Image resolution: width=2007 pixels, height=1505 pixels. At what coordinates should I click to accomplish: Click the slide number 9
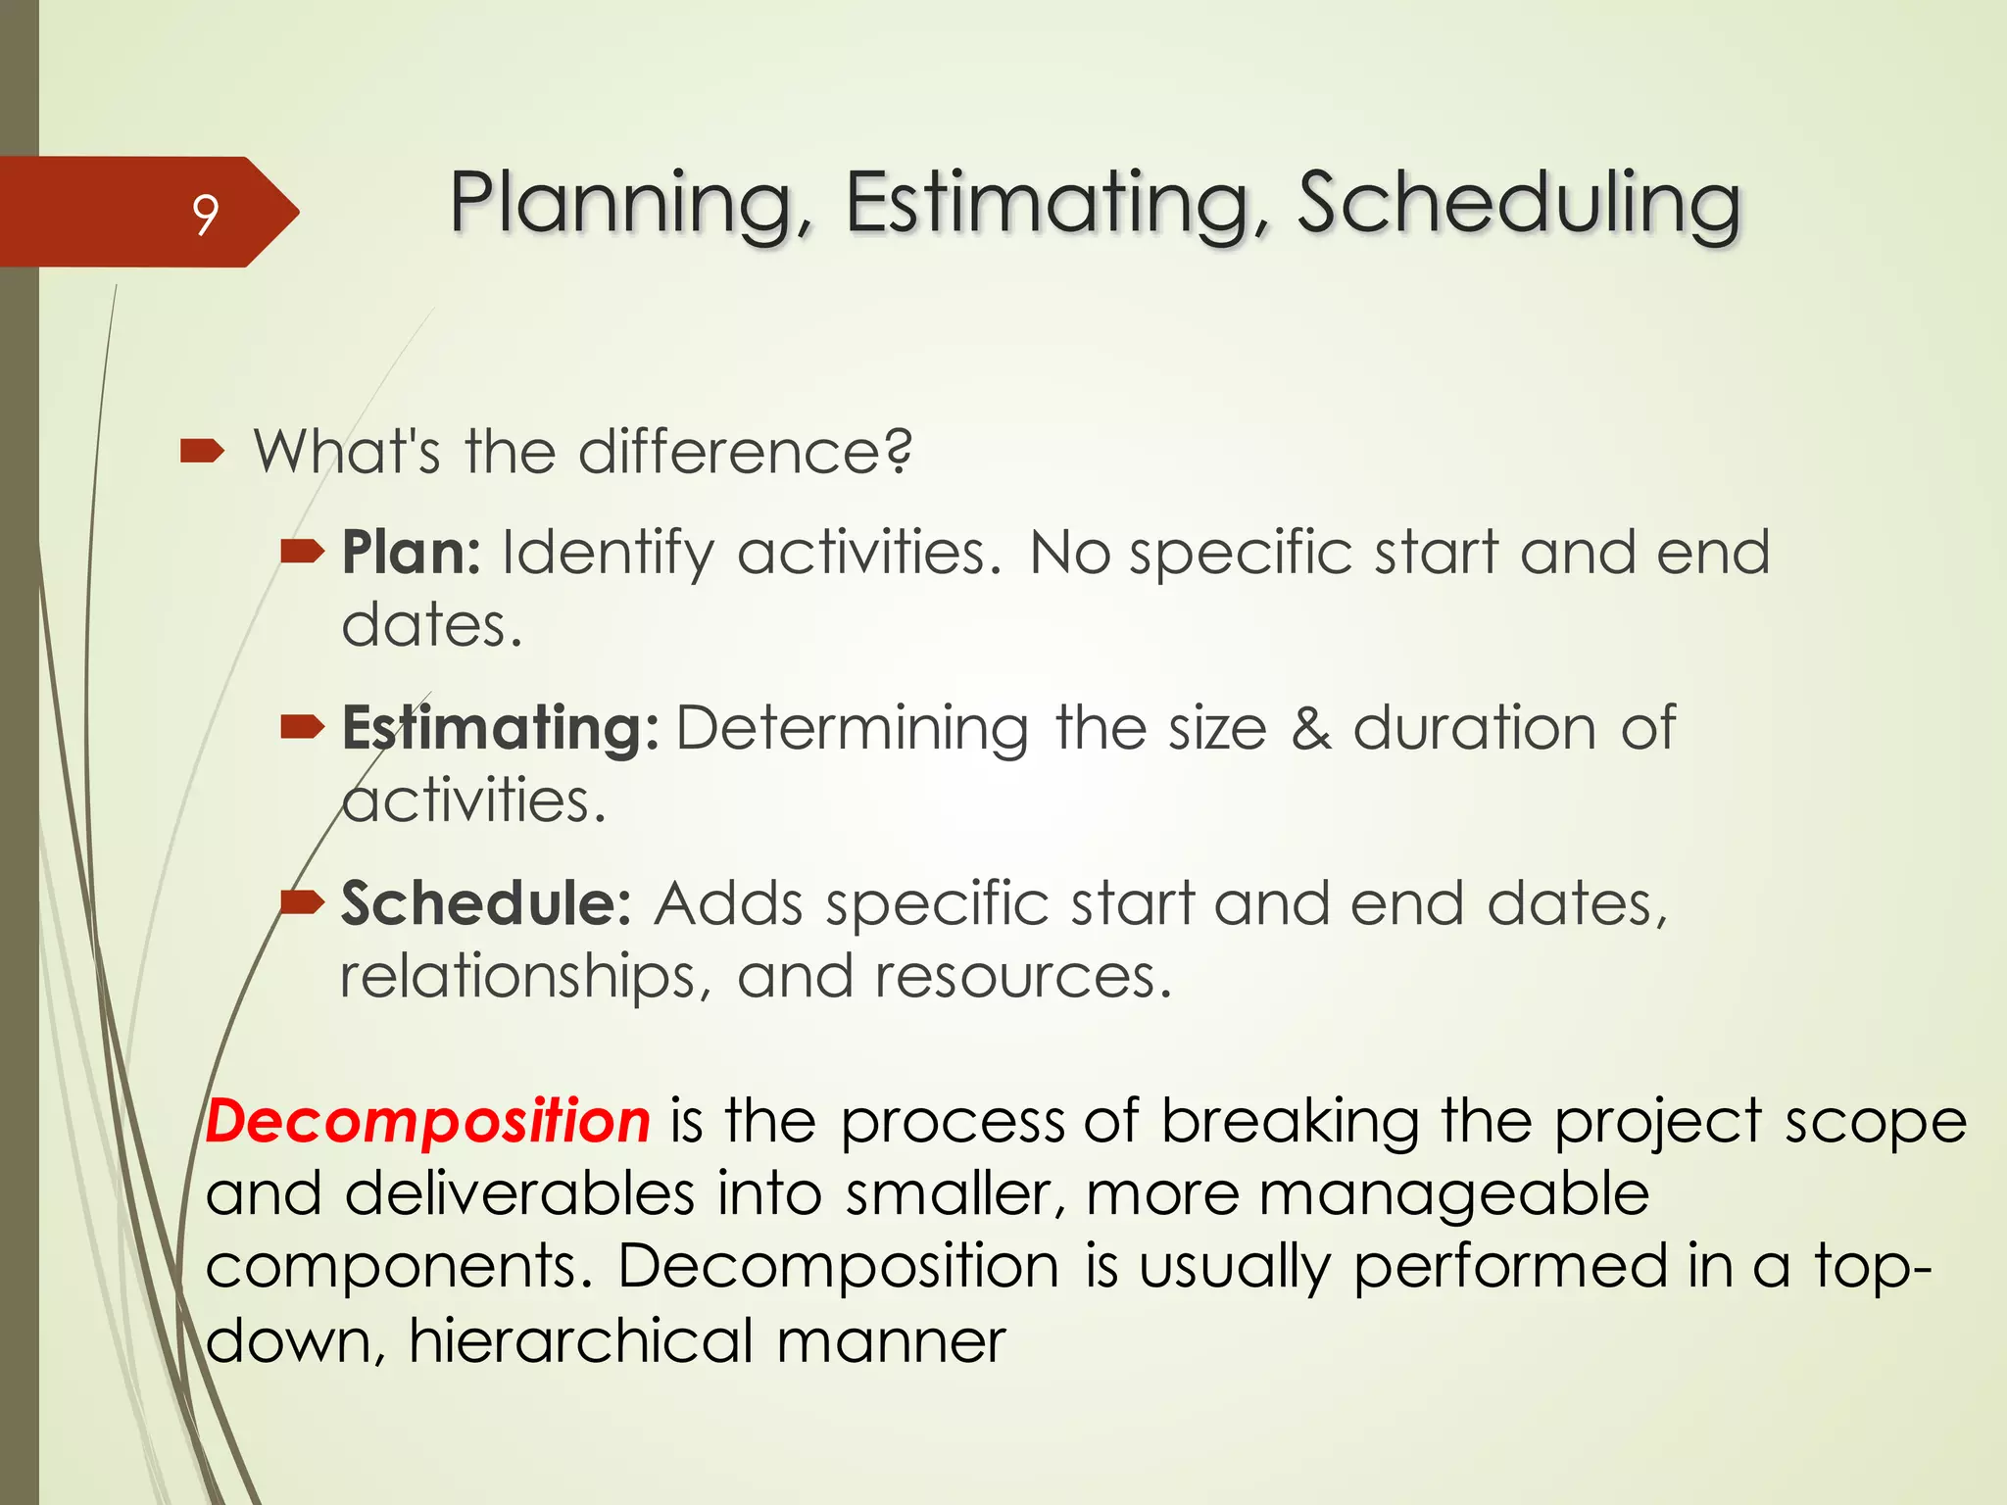pos(205,214)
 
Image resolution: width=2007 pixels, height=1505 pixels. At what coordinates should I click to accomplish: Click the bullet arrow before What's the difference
pos(203,452)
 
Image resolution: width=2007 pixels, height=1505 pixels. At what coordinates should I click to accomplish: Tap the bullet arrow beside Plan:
pos(302,553)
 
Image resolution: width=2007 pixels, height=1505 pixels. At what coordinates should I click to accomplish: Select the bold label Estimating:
pos(500,729)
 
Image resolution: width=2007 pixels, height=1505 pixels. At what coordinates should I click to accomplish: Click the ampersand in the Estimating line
pos(1310,729)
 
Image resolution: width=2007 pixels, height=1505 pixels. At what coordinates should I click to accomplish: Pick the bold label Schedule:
pos(486,903)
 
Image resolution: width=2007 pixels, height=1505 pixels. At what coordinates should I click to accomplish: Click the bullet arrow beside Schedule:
pos(302,901)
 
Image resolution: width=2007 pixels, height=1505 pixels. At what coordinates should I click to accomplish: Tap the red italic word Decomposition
pos(428,1121)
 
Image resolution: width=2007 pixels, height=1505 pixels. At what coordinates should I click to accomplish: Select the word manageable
pos(1453,1195)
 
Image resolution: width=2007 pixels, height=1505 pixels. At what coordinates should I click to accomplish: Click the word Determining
pos(852,729)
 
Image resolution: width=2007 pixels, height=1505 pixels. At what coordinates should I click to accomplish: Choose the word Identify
pos(608,555)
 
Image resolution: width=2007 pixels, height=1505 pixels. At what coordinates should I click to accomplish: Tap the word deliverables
pos(519,1194)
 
